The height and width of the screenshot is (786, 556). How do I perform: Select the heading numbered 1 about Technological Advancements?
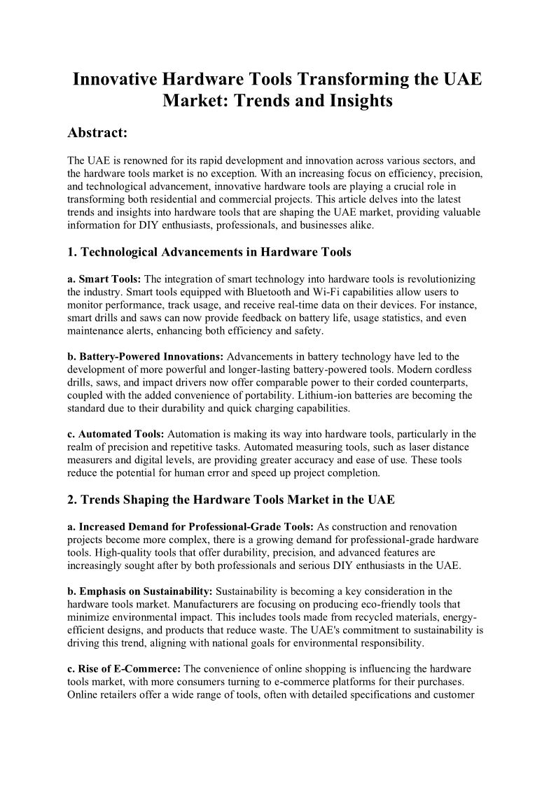[x=209, y=253]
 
